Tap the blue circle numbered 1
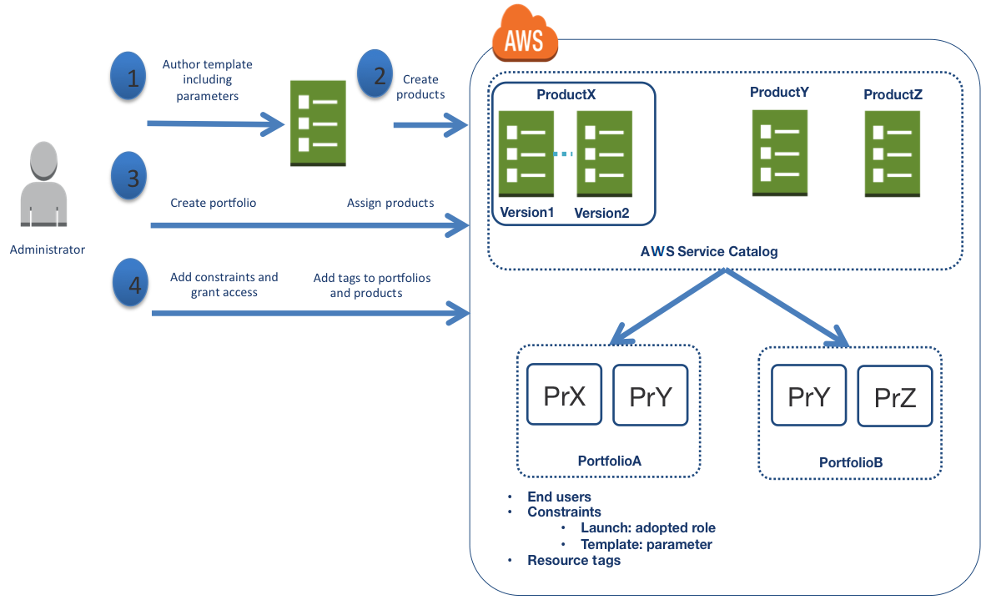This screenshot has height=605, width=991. pyautogui.click(x=129, y=77)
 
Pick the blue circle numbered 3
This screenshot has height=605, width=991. pyautogui.click(x=129, y=176)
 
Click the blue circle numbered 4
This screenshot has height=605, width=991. pyautogui.click(x=130, y=281)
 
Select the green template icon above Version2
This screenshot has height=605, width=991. pyautogui.click(x=604, y=154)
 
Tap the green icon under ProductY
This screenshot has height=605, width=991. pyautogui.click(x=779, y=153)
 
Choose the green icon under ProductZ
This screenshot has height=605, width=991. pyautogui.click(x=892, y=154)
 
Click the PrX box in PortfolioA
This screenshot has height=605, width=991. pyautogui.click(x=564, y=395)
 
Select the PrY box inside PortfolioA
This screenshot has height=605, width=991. pyautogui.click(x=650, y=396)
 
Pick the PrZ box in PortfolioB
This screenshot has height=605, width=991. pyautogui.click(x=895, y=396)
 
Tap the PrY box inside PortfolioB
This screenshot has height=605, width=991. pyautogui.click(x=808, y=396)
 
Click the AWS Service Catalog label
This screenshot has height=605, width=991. pyautogui.click(x=708, y=251)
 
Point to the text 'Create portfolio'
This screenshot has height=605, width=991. pyautogui.click(x=213, y=203)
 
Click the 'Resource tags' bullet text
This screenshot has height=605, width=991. pyautogui.click(x=574, y=561)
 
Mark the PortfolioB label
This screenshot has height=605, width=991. pyautogui.click(x=850, y=462)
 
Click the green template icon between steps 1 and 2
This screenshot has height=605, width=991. pyautogui.click(x=317, y=123)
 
